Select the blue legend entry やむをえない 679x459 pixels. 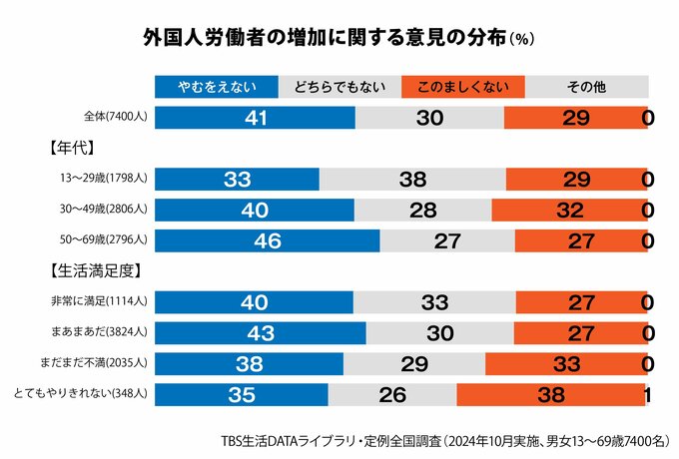coord(215,88)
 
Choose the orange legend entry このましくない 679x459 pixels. coord(462,88)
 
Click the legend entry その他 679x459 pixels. coord(586,88)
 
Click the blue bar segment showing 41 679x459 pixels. coord(256,117)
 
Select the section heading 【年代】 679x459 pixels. coord(70,149)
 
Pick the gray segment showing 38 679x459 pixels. coord(411,180)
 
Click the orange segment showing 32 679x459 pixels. coord(567,210)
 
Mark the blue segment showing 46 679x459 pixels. coord(268,240)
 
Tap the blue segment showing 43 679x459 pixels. coord(261,332)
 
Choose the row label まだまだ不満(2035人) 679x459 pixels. coord(104,363)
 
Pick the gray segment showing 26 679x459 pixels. coord(391,394)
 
